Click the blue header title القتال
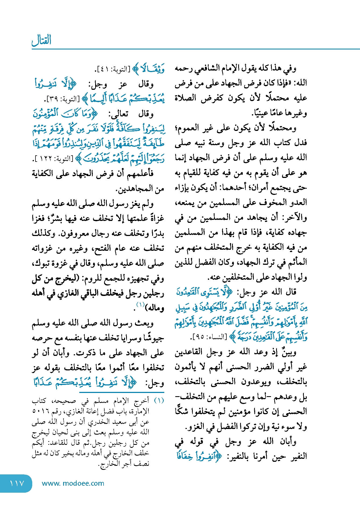tap(41, 40)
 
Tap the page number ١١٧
tap(17, 483)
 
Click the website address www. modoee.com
tap(73, 483)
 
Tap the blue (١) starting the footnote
tap(159, 401)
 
